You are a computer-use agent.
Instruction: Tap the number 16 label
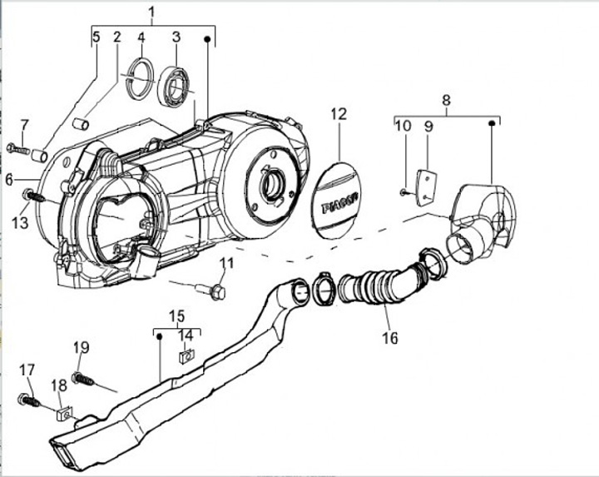coord(389,338)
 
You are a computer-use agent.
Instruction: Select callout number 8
coord(446,102)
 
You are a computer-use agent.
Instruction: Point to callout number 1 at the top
coord(152,12)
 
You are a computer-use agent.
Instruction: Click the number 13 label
coord(20,223)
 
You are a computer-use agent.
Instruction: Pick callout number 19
coord(80,347)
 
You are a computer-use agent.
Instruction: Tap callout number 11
coord(225,265)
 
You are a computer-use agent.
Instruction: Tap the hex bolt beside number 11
coord(213,291)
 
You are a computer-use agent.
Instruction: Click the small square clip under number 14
coord(186,355)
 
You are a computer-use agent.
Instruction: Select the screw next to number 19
coord(85,380)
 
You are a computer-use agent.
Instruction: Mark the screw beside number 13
coord(32,196)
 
